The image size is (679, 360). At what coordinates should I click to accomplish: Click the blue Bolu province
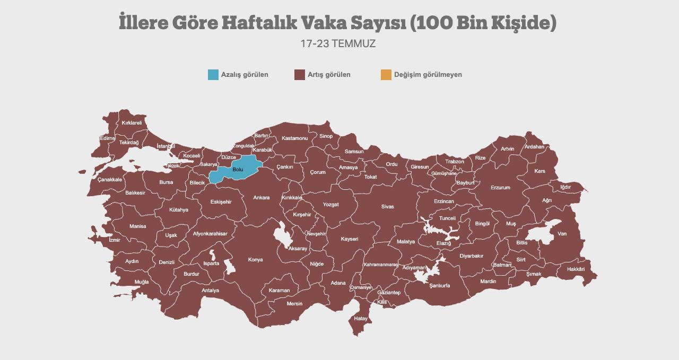pyautogui.click(x=237, y=169)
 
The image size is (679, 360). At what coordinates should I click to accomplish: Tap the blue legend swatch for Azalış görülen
pyautogui.click(x=213, y=75)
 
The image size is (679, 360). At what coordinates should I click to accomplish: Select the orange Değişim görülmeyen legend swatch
pyautogui.click(x=386, y=75)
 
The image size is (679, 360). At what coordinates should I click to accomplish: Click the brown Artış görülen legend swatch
pyautogui.click(x=300, y=75)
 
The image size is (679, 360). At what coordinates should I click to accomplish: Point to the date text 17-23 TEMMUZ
pyautogui.click(x=338, y=44)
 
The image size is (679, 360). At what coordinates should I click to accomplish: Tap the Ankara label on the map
pyautogui.click(x=261, y=198)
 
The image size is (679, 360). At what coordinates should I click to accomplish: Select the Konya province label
pyautogui.click(x=255, y=260)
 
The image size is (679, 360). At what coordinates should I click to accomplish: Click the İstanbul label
pyautogui.click(x=166, y=146)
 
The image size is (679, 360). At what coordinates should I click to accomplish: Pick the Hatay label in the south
pyautogui.click(x=361, y=319)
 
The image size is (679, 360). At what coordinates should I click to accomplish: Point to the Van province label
pyautogui.click(x=562, y=234)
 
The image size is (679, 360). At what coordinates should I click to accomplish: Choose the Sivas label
pyautogui.click(x=387, y=207)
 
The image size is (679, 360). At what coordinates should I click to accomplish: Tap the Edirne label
pyautogui.click(x=107, y=138)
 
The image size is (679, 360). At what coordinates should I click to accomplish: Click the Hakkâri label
pyautogui.click(x=576, y=269)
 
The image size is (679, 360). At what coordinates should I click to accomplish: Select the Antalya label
pyautogui.click(x=210, y=291)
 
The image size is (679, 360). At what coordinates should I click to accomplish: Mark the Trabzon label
pyautogui.click(x=455, y=162)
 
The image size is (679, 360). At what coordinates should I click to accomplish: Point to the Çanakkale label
pyautogui.click(x=110, y=180)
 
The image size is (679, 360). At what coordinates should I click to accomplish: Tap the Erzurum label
pyautogui.click(x=500, y=188)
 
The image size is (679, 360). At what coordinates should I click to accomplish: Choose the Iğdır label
pyautogui.click(x=565, y=187)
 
